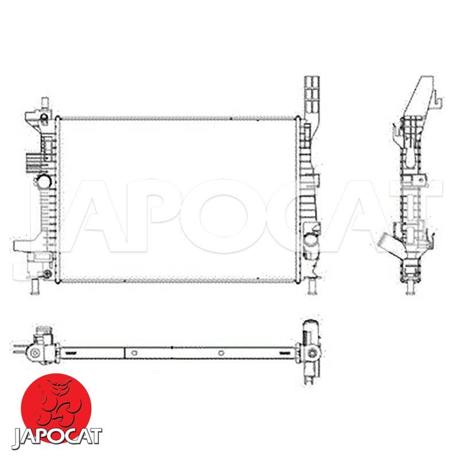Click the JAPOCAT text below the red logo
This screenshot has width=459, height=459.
pyautogui.click(x=57, y=438)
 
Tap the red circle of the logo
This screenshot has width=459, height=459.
pyautogui.click(x=56, y=407)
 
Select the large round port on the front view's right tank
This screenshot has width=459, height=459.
pyautogui.click(x=310, y=240)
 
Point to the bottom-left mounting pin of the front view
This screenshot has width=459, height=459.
pyautogui.click(x=36, y=286)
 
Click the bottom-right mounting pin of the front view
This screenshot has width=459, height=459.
pyautogui.click(x=312, y=286)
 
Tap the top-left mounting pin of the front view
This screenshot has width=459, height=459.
pyautogui.click(x=45, y=103)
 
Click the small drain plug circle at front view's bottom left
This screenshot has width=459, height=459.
pyautogui.click(x=46, y=274)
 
